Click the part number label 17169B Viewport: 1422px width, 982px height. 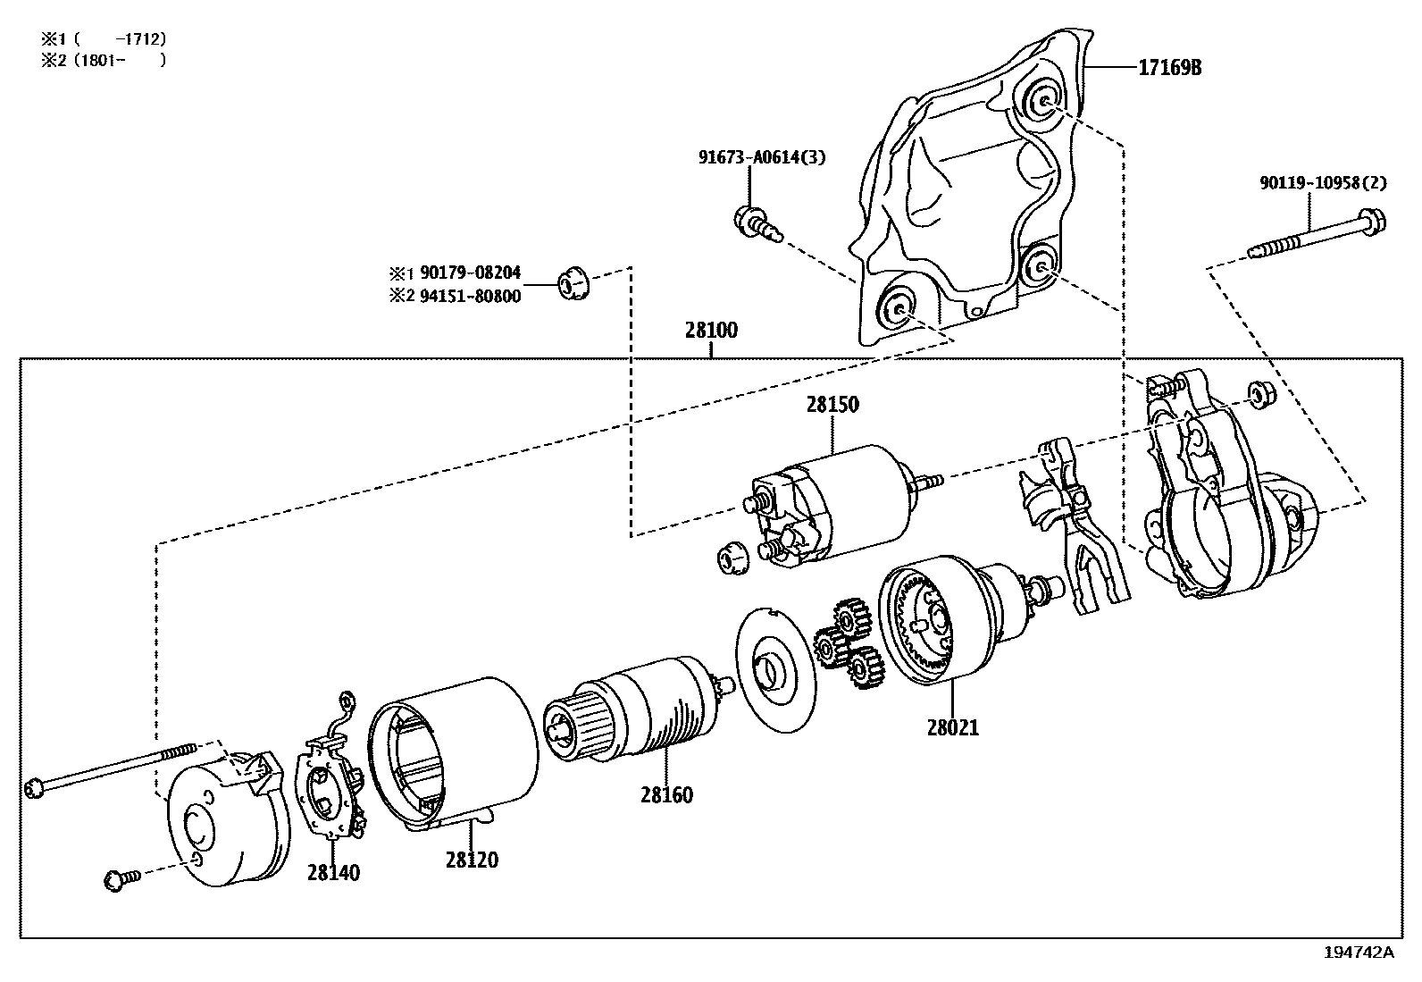[1169, 67]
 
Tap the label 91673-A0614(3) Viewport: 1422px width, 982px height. [762, 157]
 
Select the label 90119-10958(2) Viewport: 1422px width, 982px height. [1324, 183]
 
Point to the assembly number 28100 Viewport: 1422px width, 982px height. [711, 331]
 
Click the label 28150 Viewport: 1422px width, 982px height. [832, 404]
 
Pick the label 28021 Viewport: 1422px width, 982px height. [953, 727]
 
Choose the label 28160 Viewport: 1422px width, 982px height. [666, 794]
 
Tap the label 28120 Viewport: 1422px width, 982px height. [472, 860]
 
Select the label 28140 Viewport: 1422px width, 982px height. [333, 873]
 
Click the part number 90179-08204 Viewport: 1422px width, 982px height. [471, 273]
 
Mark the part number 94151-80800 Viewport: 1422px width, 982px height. [471, 296]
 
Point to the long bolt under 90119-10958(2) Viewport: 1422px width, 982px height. [1317, 236]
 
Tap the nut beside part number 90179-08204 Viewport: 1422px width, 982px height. [573, 284]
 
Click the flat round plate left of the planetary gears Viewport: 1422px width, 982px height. [776, 670]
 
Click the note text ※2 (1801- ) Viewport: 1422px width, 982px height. [104, 61]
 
